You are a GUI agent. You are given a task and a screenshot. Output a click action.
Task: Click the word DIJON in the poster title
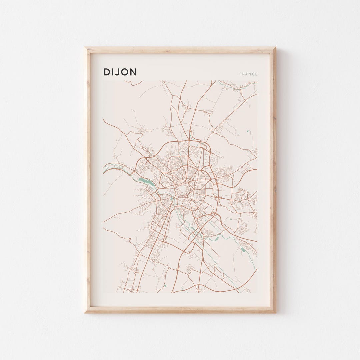(x=120, y=72)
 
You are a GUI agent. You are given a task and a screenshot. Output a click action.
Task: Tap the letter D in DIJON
(x=106, y=72)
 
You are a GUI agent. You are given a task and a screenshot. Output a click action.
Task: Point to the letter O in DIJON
(x=125, y=72)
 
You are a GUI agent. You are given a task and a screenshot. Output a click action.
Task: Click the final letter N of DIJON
(x=133, y=72)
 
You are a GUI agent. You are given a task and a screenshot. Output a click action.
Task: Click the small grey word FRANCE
(x=248, y=74)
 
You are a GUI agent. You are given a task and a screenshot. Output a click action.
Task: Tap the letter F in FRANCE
(x=240, y=74)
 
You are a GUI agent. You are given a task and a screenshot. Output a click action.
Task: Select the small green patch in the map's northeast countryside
(x=248, y=131)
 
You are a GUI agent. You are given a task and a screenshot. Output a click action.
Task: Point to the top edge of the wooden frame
(x=180, y=49)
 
